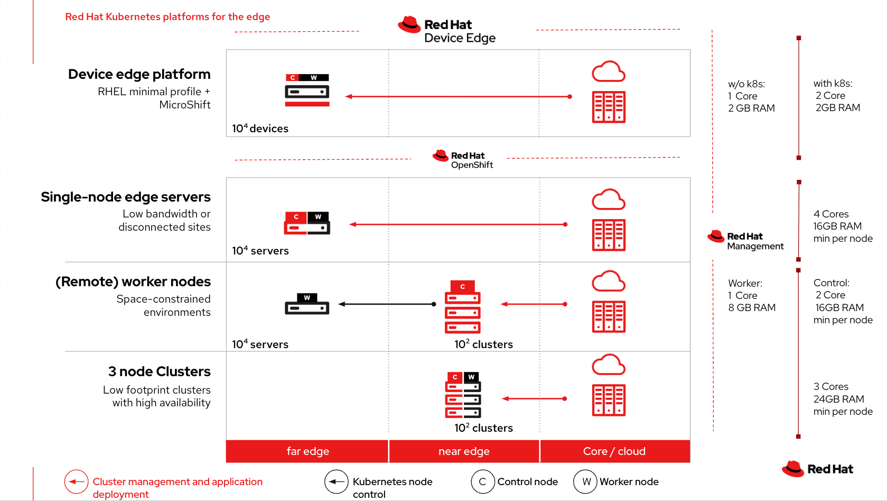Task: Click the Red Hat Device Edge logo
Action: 447,30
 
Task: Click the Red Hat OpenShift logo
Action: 463,159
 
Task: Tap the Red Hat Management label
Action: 746,241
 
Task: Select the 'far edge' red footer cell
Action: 307,451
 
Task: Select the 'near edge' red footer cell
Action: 464,451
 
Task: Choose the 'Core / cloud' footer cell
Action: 614,451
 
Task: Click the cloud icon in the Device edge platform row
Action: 609,72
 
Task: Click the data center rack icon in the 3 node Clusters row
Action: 609,400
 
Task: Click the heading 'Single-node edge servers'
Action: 126,197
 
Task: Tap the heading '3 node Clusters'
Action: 159,371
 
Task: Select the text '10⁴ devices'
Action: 260,129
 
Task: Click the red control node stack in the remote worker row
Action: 462,307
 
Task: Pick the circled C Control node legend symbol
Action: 482,481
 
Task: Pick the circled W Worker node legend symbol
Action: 585,481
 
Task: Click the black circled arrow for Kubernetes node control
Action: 336,481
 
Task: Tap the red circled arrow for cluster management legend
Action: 76,481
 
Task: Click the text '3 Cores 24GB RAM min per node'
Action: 842,399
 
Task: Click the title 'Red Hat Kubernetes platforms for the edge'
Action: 167,17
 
